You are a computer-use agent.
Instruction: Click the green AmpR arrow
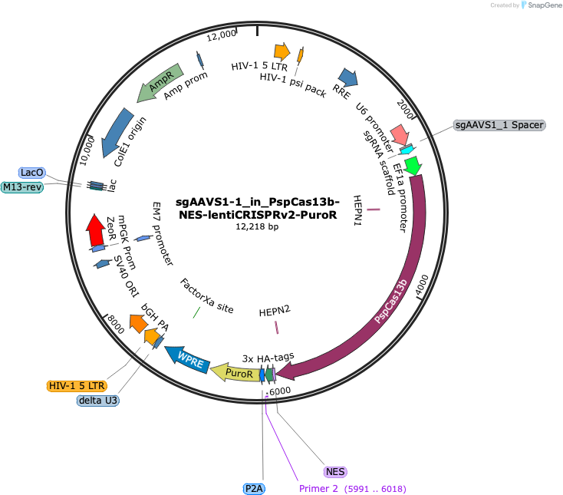(160, 82)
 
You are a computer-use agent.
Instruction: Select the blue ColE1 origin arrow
(117, 132)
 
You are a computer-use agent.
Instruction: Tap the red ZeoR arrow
(95, 230)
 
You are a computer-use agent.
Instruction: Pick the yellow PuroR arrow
(235, 372)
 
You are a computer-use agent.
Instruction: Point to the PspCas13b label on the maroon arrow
(390, 301)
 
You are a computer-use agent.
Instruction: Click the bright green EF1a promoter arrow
(413, 165)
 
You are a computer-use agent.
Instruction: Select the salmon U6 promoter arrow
(400, 135)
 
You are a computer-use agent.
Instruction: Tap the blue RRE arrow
(348, 78)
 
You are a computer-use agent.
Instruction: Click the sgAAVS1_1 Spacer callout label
(499, 125)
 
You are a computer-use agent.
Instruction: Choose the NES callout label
(335, 472)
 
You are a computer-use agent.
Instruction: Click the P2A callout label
(254, 489)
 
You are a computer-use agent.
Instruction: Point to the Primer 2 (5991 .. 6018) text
(353, 489)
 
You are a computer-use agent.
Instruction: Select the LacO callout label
(32, 173)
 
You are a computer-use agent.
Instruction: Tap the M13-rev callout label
(22, 187)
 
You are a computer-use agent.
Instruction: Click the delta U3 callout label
(98, 400)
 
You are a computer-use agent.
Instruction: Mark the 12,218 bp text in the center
(257, 226)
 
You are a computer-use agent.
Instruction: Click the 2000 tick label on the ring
(405, 110)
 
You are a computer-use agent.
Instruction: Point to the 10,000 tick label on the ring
(87, 152)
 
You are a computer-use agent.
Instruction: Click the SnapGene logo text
(545, 5)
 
